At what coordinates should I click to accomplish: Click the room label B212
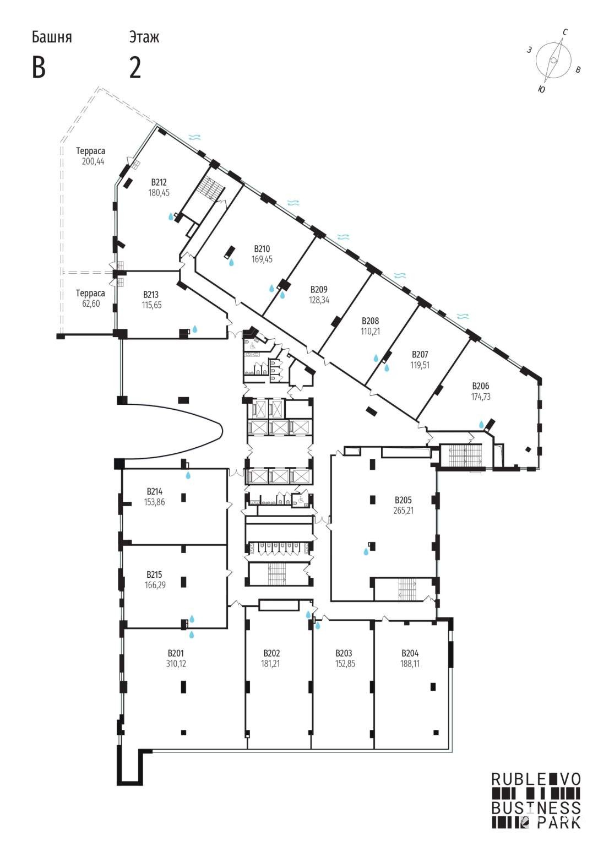pos(159,183)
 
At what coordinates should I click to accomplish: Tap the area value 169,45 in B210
pos(262,259)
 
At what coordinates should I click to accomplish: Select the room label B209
pos(319,290)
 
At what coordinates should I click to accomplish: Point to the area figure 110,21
pos(371,332)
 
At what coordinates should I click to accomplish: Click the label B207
pos(420,355)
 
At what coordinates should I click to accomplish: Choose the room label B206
pos(481,386)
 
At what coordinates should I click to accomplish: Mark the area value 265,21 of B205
pos(403,511)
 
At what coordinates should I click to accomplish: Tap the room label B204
pos(410,653)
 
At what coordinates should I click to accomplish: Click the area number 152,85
pos(345,664)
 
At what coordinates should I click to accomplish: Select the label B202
pos(272,653)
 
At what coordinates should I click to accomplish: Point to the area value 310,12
pos(176,664)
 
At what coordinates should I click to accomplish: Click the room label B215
pos(154,575)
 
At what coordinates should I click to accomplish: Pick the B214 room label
pos(154,492)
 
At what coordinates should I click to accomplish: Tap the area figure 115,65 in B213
pos(152,305)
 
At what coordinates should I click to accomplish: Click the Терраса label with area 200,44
pos(91,151)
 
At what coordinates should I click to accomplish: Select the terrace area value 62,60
pos(91,303)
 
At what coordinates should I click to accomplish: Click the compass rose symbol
pos(553,61)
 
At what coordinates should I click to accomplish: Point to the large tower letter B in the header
pos(39,68)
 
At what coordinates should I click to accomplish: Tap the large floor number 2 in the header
pos(135,68)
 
